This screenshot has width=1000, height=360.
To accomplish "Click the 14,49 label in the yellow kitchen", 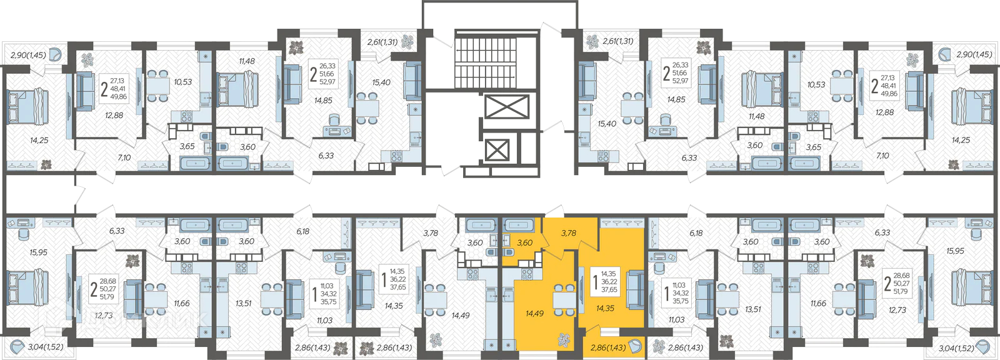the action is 534,314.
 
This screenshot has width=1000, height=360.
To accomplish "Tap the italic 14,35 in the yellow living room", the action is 606,308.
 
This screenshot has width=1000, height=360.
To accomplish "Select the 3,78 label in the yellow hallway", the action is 569,232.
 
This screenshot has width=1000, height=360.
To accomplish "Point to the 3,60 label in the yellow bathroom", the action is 524,243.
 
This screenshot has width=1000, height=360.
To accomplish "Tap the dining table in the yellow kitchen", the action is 564,299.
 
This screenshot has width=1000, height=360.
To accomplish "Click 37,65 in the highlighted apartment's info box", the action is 609,289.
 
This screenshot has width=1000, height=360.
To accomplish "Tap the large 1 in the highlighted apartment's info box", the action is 594,282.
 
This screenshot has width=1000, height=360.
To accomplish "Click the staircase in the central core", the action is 486,58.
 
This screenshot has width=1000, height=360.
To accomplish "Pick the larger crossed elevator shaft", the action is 507,107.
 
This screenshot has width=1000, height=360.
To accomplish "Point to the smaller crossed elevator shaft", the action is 497,149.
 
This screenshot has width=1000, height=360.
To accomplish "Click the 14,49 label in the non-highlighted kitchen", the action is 460,316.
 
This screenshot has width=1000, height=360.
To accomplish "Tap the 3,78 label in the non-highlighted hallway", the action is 431,232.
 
